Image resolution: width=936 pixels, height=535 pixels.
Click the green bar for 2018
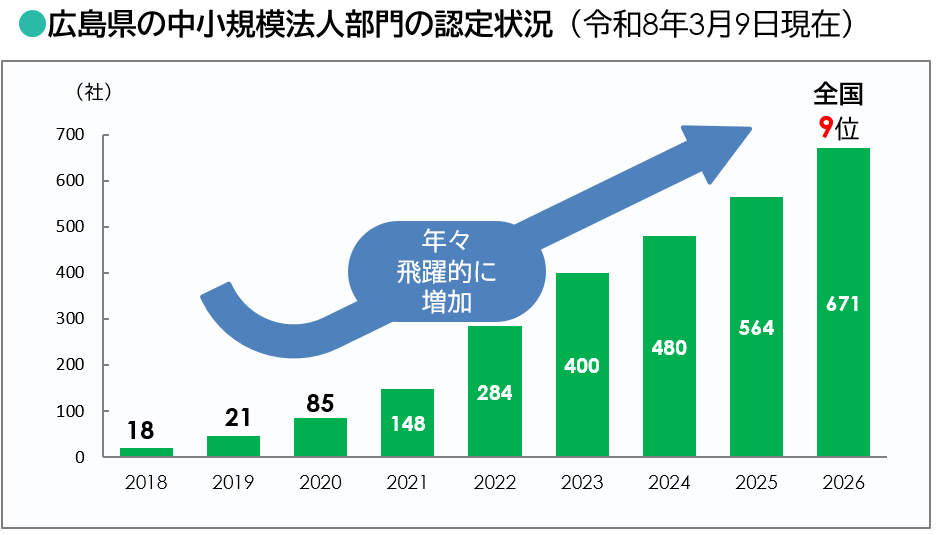(x=146, y=452)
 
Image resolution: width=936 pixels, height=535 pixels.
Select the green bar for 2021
(x=407, y=423)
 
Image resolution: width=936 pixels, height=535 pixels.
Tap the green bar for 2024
(x=669, y=347)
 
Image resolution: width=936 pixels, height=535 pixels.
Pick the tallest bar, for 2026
(x=843, y=303)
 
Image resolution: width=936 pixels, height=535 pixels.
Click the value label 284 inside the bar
(x=494, y=393)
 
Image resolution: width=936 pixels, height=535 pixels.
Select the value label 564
(x=756, y=328)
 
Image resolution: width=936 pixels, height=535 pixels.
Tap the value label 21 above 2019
(x=233, y=418)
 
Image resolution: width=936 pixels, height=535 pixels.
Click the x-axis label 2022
(x=494, y=483)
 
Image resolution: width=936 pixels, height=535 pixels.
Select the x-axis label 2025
(x=756, y=483)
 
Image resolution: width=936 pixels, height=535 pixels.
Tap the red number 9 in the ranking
(x=825, y=127)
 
